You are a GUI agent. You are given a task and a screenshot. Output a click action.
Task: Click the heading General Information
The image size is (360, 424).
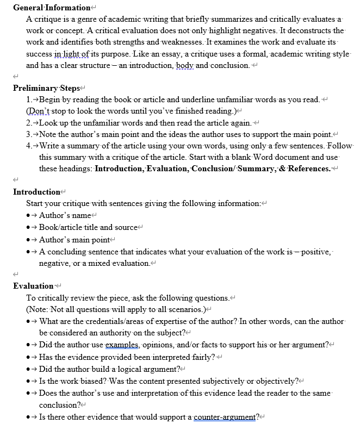click(x=52, y=8)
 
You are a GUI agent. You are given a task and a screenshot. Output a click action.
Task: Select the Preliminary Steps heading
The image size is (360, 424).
click(x=46, y=88)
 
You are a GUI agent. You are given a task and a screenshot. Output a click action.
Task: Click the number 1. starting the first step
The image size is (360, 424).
click(x=29, y=99)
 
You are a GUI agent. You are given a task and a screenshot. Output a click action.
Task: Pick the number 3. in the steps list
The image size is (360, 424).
click(x=29, y=134)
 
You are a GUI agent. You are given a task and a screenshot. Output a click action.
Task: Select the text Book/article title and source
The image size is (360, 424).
click(x=89, y=227)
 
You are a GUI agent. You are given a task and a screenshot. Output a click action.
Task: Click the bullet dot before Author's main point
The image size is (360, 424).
click(x=28, y=239)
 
